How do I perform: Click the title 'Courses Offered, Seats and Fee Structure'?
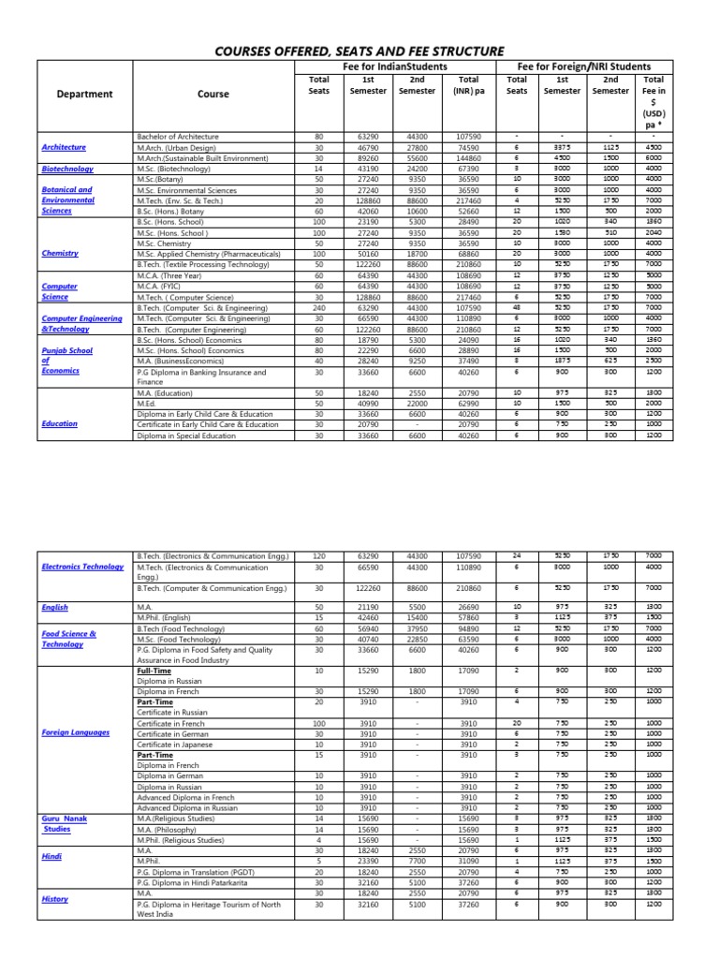point(359,51)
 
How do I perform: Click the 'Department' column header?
point(84,94)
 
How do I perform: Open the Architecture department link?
point(64,147)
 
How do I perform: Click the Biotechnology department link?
point(66,169)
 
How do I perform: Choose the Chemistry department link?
point(59,253)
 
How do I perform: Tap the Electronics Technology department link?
point(82,567)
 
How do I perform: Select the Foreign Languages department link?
point(76,732)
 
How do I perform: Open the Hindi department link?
point(51,856)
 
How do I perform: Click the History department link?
point(55,899)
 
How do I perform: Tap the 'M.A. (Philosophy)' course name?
point(169,829)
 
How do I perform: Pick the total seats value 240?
point(319,306)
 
